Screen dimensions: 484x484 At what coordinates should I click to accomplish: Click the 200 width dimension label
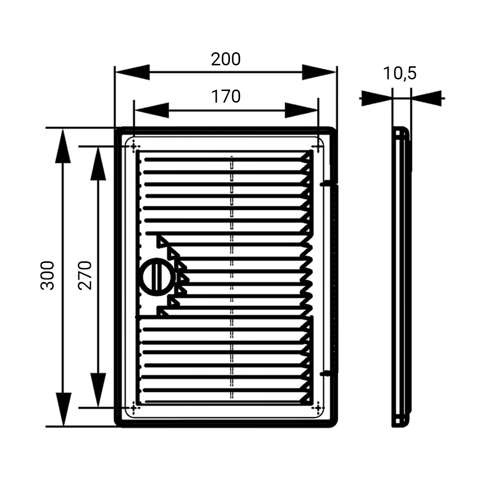click(x=226, y=59)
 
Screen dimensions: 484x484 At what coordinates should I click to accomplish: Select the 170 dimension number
click(x=226, y=96)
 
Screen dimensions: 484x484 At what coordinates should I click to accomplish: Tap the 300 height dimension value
click(x=47, y=275)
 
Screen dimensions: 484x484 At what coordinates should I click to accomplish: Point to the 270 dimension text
click(x=85, y=275)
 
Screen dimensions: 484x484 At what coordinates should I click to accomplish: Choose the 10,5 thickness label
click(x=400, y=74)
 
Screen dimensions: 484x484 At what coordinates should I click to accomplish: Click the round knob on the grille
click(x=157, y=277)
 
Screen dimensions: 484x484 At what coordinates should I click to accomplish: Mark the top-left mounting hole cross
click(x=134, y=146)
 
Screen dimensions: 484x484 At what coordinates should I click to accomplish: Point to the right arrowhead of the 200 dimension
click(x=319, y=72)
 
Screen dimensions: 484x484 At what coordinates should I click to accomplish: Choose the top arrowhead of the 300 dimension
click(x=63, y=146)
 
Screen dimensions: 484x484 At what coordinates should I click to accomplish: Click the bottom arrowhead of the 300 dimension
click(x=63, y=409)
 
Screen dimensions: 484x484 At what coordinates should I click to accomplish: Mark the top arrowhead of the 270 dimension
click(x=98, y=164)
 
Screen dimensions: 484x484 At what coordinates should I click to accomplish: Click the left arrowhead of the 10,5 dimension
click(x=377, y=98)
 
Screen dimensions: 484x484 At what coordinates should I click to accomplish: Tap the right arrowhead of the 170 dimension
click(x=301, y=110)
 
